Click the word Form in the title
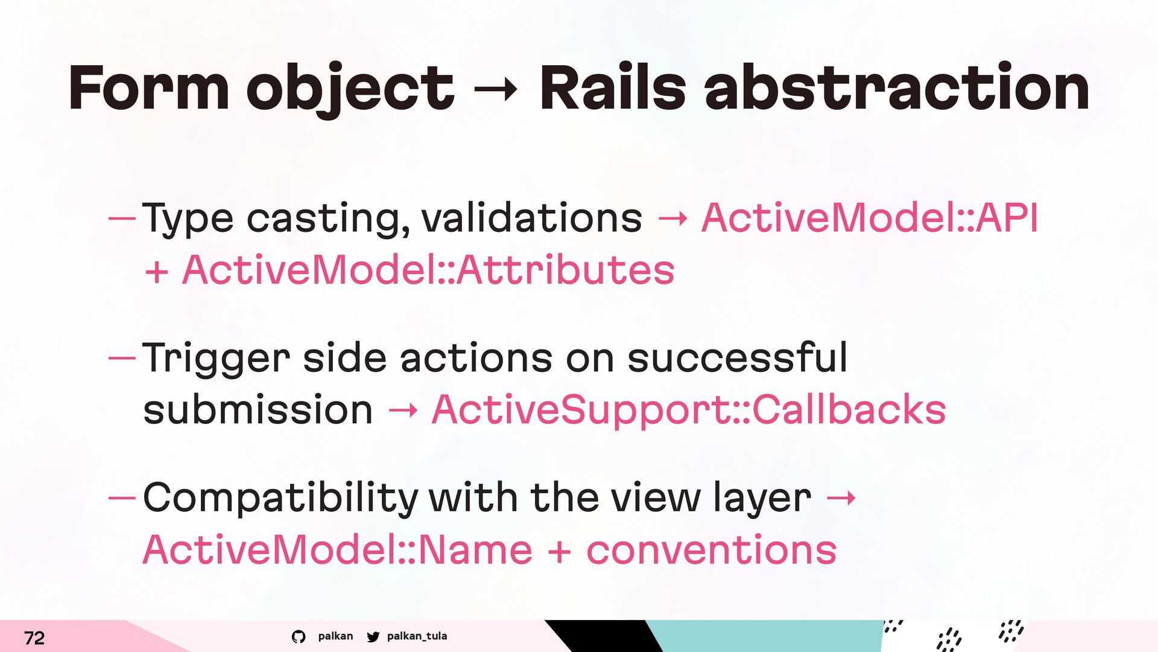point(148,88)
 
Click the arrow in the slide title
point(495,91)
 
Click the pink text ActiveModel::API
point(870,217)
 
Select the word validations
point(532,217)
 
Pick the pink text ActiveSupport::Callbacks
point(689,410)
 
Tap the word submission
point(258,410)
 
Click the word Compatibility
point(280,499)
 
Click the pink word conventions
point(712,551)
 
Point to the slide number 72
point(34,638)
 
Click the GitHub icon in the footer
point(299,636)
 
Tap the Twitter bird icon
point(373,636)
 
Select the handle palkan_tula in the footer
point(417,636)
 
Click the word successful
point(738,357)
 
